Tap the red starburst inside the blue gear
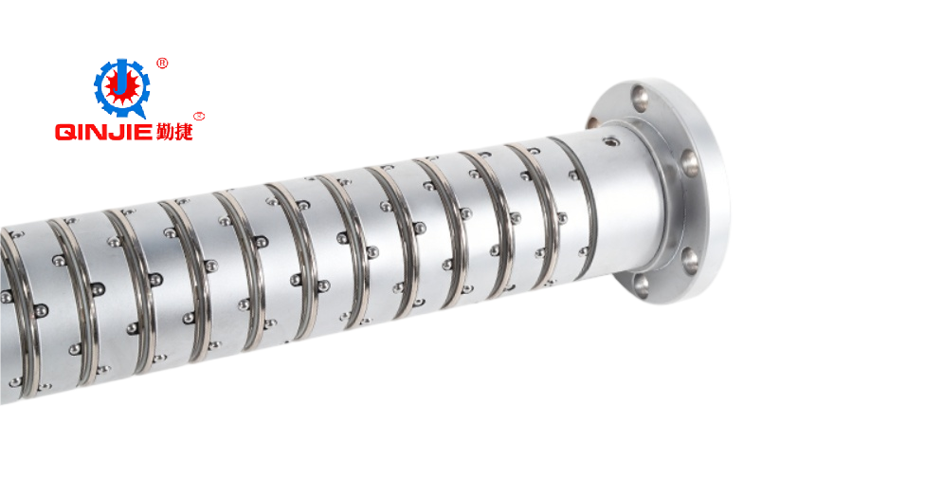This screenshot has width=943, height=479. pyautogui.click(x=121, y=88)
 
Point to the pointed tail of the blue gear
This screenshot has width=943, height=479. pyautogui.click(x=142, y=113)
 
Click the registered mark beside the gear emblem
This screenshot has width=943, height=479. pyautogui.click(x=162, y=63)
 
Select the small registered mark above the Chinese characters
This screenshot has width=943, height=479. pyautogui.click(x=200, y=116)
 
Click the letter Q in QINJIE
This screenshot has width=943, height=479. pyautogui.click(x=65, y=132)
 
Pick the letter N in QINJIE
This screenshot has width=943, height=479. pyautogui.click(x=98, y=132)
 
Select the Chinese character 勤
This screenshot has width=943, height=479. pyautogui.click(x=163, y=131)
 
